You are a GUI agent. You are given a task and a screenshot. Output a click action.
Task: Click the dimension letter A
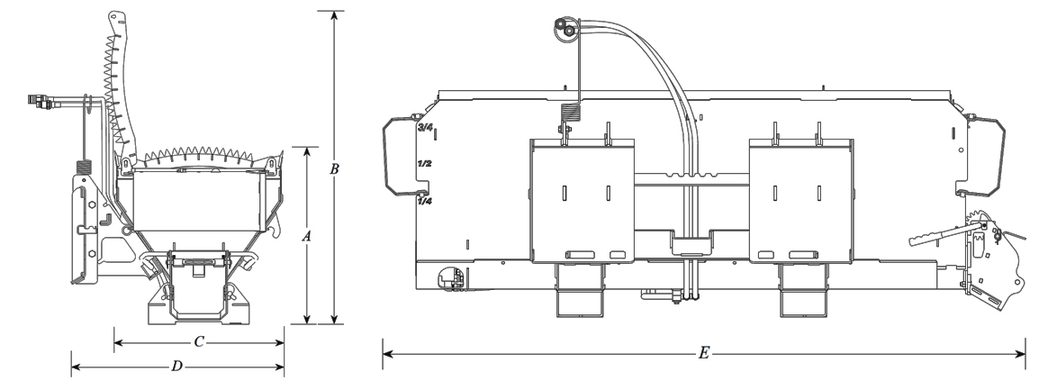307,236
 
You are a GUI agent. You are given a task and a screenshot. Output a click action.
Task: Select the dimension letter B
335,168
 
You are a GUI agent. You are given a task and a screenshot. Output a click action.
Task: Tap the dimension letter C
200,342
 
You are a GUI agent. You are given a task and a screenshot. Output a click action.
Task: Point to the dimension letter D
177,366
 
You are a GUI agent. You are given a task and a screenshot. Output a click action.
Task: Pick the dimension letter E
704,353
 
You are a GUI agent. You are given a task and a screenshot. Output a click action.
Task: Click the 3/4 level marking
425,129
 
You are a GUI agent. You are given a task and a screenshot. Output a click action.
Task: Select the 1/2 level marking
425,165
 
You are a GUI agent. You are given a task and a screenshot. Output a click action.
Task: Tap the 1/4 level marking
425,202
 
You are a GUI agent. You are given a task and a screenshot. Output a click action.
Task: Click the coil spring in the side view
87,168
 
